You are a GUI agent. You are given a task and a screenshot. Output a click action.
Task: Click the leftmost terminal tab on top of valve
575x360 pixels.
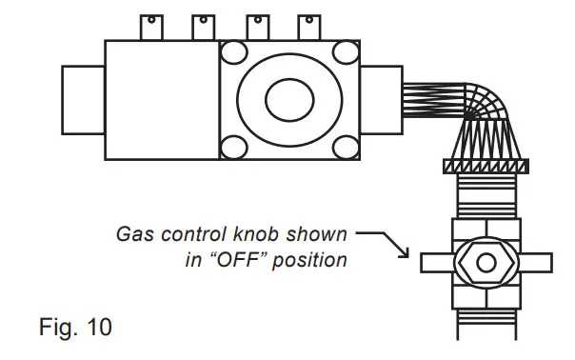[x=152, y=26]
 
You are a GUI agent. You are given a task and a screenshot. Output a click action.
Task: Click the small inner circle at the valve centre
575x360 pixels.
[x=287, y=98]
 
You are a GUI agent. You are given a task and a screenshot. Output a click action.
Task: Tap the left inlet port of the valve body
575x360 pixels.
[x=83, y=98]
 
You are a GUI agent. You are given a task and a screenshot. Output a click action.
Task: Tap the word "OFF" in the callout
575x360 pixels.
[x=238, y=259]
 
